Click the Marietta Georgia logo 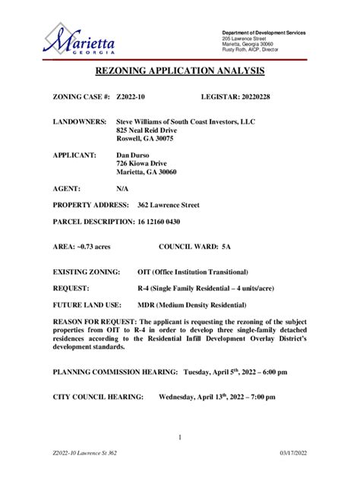[x=79, y=39]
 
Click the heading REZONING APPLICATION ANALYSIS [x=179, y=72]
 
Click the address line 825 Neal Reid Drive [x=152, y=131]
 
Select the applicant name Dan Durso [x=135, y=154]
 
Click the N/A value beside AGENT [x=122, y=187]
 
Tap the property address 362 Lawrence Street [x=169, y=205]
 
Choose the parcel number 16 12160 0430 [x=159, y=222]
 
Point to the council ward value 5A [x=226, y=247]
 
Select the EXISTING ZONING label [x=87, y=272]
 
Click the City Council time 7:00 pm [x=261, y=397]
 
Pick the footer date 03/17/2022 [x=293, y=453]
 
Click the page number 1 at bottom [x=180, y=437]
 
